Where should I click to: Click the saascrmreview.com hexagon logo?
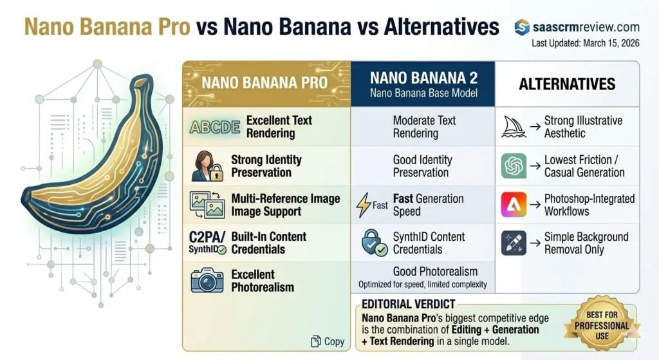coord(521,27)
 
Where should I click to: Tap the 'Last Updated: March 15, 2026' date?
coord(586,43)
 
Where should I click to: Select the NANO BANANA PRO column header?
coord(265,83)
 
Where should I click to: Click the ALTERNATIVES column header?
coord(567,84)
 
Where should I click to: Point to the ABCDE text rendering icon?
coord(215,127)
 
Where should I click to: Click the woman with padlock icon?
coord(207,166)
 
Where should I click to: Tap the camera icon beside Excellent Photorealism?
coord(207,281)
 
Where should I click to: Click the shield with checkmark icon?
coord(374,243)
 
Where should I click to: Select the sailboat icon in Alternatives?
coord(514,127)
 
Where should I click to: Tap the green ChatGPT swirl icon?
coord(514,166)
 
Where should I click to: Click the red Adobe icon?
coord(514,204)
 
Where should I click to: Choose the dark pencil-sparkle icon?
coord(514,243)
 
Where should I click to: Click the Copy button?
coord(328,341)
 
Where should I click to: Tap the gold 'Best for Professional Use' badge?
coord(602,325)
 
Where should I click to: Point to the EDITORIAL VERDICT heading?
coord(408,304)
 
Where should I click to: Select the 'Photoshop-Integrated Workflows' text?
coord(589,205)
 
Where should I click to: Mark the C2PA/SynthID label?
coord(207,242)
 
